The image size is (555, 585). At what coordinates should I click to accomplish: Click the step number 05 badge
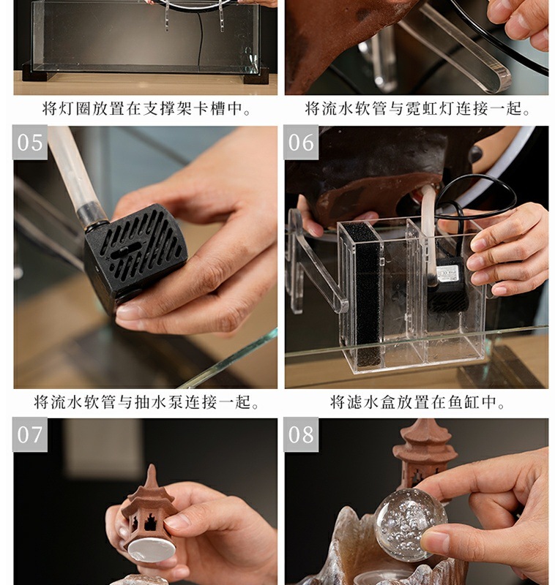pos(30,143)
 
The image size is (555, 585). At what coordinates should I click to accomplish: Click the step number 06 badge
pos(301,143)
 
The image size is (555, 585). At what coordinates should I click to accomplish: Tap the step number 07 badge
pos(30,434)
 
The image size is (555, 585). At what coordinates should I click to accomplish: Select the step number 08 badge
pos(301,434)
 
